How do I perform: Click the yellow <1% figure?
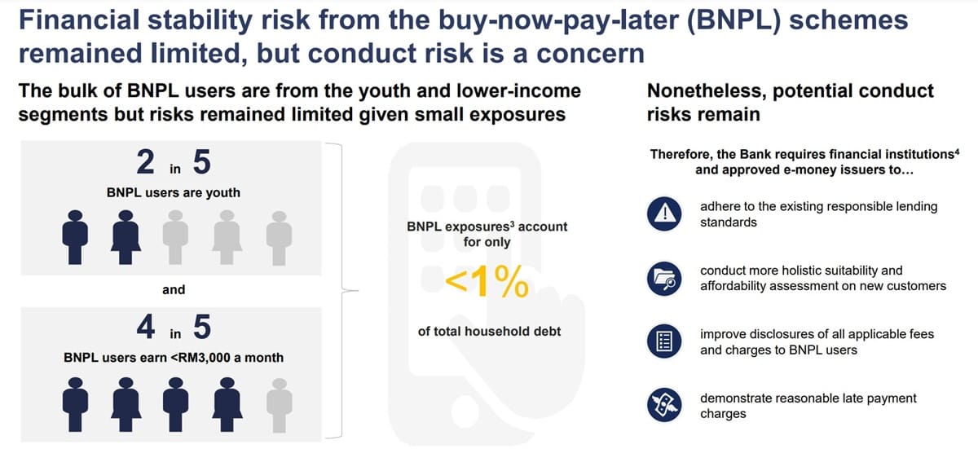[487, 283]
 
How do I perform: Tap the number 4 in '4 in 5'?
[146, 328]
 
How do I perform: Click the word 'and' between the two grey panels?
[174, 289]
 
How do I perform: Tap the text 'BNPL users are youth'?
[173, 193]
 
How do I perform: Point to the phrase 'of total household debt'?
[489, 331]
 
